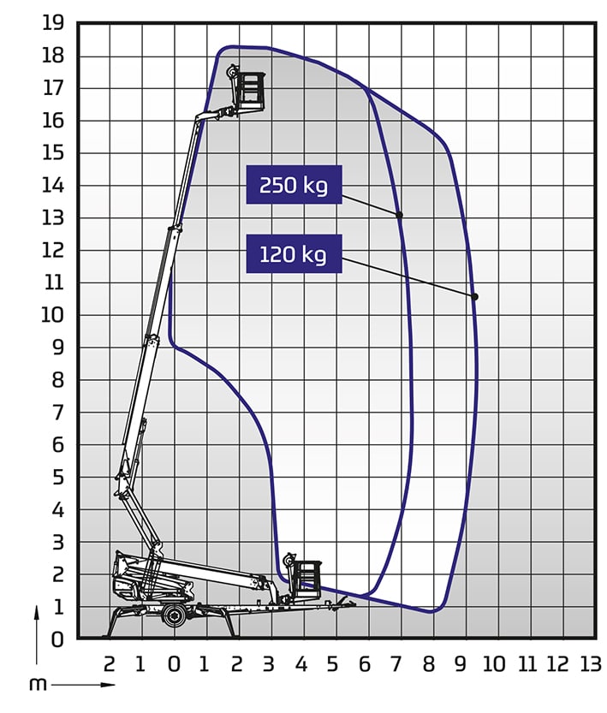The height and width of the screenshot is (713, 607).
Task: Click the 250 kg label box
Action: tap(294, 185)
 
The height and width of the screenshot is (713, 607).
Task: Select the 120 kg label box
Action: tap(294, 253)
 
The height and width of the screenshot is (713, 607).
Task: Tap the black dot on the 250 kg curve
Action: tap(399, 215)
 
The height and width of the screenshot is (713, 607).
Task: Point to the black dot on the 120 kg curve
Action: tap(474, 297)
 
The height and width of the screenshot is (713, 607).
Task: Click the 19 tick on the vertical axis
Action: tap(53, 23)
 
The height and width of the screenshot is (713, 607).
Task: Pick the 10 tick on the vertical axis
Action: tap(53, 315)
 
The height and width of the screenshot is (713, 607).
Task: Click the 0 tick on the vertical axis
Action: tap(57, 639)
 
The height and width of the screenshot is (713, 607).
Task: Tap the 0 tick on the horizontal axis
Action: tap(174, 664)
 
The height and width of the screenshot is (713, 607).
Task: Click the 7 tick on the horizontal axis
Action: tap(396, 664)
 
